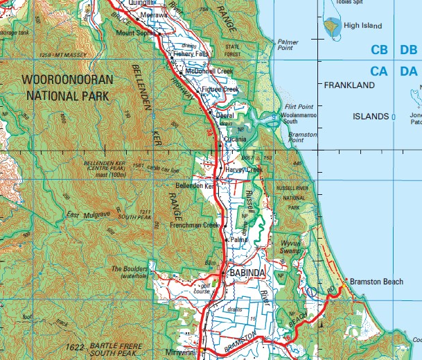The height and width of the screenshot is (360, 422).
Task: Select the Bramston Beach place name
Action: [x=376, y=281]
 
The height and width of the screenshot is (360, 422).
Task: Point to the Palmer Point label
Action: [x=288, y=45]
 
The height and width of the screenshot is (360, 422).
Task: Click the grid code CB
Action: [x=379, y=51]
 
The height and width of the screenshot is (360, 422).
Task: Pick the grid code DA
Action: [x=408, y=71]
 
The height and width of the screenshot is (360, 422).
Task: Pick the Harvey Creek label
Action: [x=245, y=170]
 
